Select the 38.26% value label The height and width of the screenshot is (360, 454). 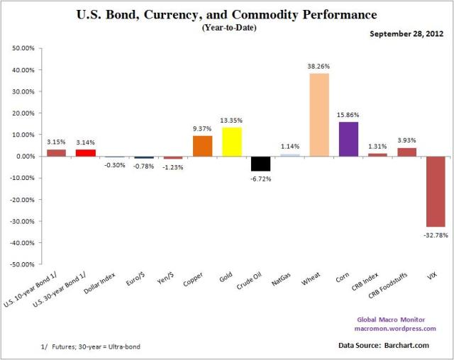coord(319,67)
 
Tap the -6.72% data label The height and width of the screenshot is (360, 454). coord(260,179)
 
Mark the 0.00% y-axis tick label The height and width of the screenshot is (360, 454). coord(24,157)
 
